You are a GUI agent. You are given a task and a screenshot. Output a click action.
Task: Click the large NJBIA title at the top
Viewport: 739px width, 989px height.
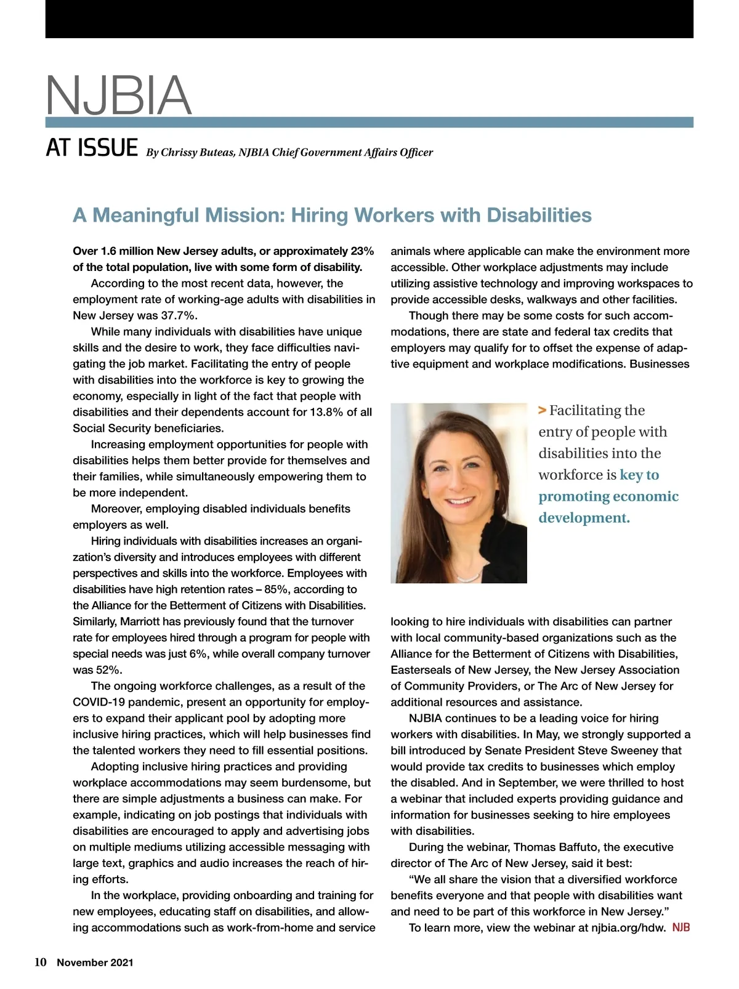(x=119, y=95)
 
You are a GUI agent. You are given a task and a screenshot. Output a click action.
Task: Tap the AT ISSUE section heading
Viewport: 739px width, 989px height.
(x=92, y=148)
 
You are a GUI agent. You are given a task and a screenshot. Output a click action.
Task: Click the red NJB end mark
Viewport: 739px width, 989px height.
(x=680, y=927)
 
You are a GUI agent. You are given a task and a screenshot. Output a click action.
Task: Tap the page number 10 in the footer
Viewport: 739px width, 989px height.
(x=41, y=963)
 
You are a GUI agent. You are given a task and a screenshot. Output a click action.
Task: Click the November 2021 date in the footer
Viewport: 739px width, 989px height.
(x=95, y=963)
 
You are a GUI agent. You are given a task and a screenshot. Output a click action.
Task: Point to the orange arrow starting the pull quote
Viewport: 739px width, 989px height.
(x=542, y=411)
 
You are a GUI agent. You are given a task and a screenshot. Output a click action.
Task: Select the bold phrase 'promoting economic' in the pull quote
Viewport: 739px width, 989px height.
(x=608, y=496)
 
